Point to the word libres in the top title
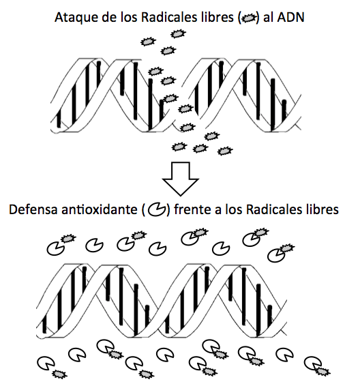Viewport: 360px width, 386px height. tap(220, 17)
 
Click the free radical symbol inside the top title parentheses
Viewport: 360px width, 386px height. tap(249, 18)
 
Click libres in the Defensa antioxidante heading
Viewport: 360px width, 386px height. tap(325, 209)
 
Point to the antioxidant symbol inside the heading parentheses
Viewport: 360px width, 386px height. tap(157, 210)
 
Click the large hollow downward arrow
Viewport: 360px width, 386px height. tap(181, 179)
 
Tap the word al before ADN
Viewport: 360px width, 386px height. tap(268, 17)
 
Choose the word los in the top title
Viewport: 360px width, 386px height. tap(129, 17)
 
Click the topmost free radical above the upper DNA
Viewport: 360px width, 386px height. tap(178, 33)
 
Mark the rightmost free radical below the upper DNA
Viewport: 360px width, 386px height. tap(225, 151)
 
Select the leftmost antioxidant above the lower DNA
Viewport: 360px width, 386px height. tap(56, 249)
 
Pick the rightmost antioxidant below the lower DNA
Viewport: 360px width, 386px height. tap(313, 363)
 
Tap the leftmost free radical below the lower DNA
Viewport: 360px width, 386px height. tap(59, 374)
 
